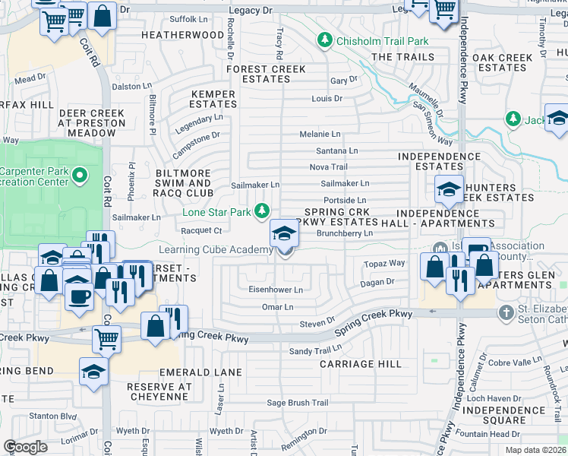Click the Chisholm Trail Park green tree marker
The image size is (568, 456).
tap(325, 39)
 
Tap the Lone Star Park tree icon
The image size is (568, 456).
tap(263, 210)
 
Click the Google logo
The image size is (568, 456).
tap(25, 447)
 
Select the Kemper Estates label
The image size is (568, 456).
tap(213, 100)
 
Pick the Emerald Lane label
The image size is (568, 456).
tap(200, 373)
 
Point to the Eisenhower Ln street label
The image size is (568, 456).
tap(276, 290)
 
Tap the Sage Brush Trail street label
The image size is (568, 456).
tap(297, 403)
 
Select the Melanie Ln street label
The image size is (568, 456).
tap(320, 134)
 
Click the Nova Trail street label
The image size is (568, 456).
tap(328, 167)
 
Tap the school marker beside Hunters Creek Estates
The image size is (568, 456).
tap(449, 190)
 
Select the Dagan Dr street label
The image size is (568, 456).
tap(377, 282)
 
